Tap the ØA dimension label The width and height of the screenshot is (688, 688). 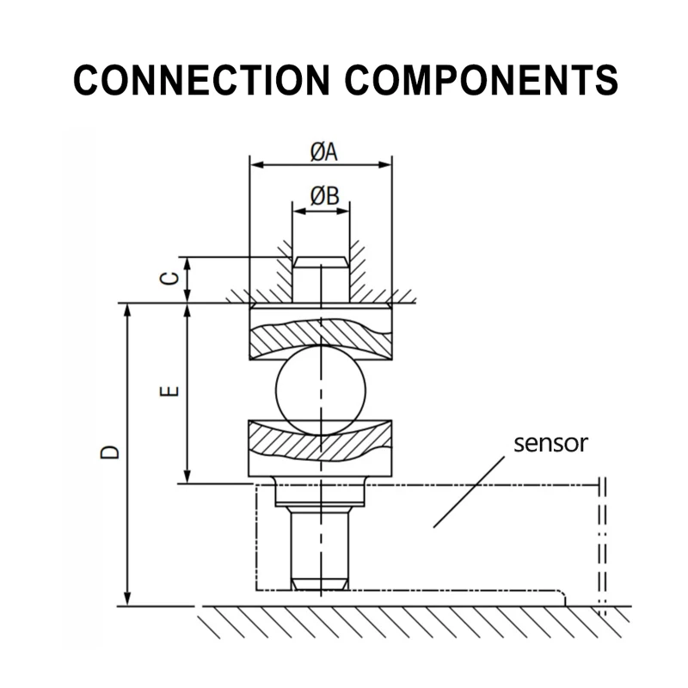pos(322,151)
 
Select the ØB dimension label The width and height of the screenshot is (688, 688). pos(323,197)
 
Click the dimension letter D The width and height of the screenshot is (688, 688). pos(110,452)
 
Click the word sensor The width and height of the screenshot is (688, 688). pos(550,444)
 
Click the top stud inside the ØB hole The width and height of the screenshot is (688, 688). pos(321,279)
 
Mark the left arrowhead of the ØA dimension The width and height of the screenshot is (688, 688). pos(254,163)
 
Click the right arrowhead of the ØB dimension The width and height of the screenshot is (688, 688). pos(345,210)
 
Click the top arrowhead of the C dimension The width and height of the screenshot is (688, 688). pos(187,262)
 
